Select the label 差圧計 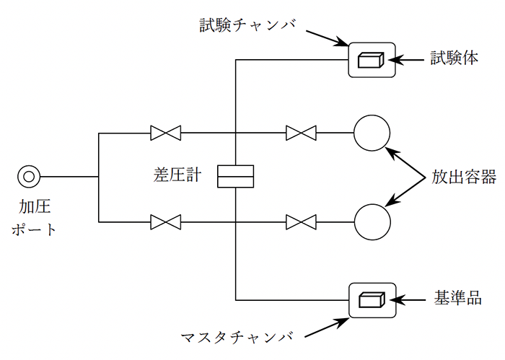coord(176,175)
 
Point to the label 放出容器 coord(464,176)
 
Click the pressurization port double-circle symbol coord(30,176)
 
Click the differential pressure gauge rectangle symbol coord(236,176)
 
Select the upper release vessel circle coord(372,133)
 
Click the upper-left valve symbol coord(165,133)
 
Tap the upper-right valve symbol coord(301,133)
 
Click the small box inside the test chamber coord(371,59)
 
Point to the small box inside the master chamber coord(371,298)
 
